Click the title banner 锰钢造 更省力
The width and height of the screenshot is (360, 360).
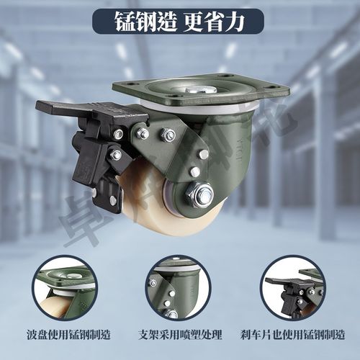[x=179, y=22]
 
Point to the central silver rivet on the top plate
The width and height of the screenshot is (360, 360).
[x=197, y=90]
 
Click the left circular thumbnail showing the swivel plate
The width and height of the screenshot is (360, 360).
[x=64, y=287]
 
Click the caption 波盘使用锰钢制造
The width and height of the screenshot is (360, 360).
[x=64, y=335]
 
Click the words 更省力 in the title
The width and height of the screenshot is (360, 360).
[x=215, y=22]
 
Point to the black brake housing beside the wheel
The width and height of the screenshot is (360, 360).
[x=94, y=162]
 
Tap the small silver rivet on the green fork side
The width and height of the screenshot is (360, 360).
[x=194, y=171]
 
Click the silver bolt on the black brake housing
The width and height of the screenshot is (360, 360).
[x=115, y=154]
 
